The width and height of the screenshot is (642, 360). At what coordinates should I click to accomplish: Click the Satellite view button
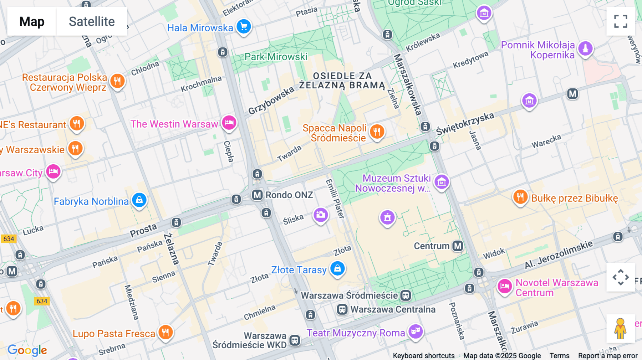(x=92, y=21)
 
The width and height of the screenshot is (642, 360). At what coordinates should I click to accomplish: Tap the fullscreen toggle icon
(x=621, y=21)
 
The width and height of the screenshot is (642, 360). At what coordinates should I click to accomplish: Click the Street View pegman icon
(x=620, y=328)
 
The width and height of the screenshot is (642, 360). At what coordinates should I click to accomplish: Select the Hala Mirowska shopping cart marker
(x=244, y=26)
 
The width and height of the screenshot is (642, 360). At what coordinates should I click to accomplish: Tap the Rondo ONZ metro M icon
(x=257, y=195)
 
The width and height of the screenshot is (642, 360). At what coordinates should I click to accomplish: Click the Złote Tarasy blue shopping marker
(x=337, y=268)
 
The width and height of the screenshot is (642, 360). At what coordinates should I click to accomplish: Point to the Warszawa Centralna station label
(x=392, y=309)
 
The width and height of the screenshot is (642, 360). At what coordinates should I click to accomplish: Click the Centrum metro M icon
(x=458, y=246)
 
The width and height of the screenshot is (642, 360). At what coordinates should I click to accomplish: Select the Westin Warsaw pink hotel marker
(x=229, y=123)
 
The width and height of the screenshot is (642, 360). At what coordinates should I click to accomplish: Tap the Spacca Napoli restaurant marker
(x=377, y=131)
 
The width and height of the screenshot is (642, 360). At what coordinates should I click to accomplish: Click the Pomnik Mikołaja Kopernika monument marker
(x=585, y=48)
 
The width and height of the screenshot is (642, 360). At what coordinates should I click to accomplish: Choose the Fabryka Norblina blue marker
(x=139, y=200)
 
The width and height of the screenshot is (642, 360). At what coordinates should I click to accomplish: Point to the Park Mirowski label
(x=276, y=57)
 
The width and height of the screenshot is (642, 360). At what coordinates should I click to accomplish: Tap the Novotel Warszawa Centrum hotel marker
(x=505, y=286)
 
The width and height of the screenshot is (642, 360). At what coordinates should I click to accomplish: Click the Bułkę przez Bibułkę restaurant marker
(x=520, y=197)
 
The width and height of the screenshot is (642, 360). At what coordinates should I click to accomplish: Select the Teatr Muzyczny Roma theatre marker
(x=416, y=331)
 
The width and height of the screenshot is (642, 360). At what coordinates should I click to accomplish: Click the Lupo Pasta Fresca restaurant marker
(x=165, y=332)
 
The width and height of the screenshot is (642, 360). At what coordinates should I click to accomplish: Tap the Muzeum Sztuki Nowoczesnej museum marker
(x=442, y=182)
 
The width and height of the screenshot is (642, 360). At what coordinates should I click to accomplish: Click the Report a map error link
(x=607, y=356)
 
